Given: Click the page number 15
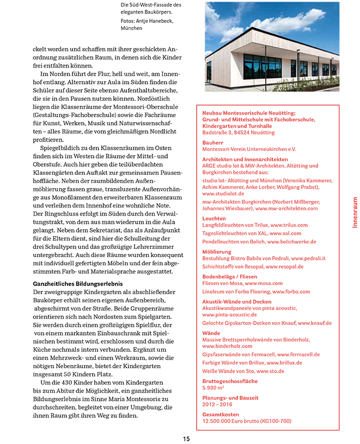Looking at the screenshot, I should pos(186,439).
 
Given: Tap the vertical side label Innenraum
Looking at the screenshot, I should pos(355,212).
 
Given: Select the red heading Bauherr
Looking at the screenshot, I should pos(212,142).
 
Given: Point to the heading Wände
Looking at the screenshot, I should pos(211,333).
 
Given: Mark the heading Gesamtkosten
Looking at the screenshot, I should pos(220,415).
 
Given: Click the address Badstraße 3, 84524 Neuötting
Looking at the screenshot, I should pos(239,132).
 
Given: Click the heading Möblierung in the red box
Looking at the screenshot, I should pos(216,251).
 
